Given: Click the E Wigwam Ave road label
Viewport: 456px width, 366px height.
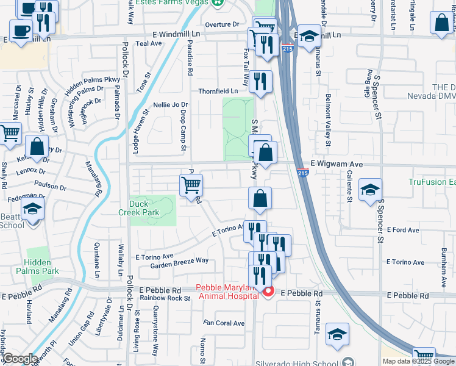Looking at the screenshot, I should tap(337, 164).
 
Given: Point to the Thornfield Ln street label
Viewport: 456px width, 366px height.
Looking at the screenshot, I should tap(218, 91).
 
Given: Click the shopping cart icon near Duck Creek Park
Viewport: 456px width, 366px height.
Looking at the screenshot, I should tap(191, 185).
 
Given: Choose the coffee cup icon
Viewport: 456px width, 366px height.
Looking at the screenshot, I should tap(21, 30).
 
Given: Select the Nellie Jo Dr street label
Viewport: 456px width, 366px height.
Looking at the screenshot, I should tap(171, 105).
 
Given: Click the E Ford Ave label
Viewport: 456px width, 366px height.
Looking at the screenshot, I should tap(404, 230).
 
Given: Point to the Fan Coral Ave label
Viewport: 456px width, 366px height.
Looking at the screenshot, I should tap(224, 323).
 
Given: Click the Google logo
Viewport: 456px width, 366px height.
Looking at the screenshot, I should tap(20, 359).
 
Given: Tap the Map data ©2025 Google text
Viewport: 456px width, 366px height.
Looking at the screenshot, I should tap(418, 361).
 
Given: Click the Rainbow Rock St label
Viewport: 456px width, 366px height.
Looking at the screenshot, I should tap(165, 298).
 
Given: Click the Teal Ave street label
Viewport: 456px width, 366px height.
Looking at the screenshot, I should tap(148, 44).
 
